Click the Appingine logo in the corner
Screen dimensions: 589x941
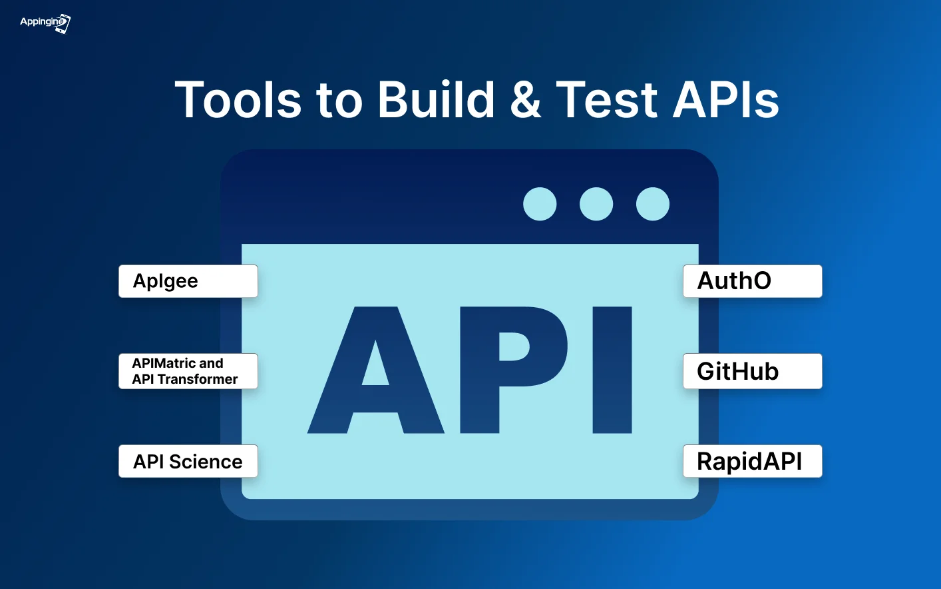45,23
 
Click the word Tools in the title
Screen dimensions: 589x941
238,100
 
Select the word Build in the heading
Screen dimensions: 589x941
436,100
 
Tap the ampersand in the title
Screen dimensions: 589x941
526,100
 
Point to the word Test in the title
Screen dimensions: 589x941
606,100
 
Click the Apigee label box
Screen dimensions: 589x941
188,281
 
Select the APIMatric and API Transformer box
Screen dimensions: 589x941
188,371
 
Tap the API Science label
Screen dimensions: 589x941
188,461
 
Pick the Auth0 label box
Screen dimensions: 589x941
753,281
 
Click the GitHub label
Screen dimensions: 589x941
753,371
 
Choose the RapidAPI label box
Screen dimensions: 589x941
753,461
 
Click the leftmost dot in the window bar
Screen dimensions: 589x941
540,204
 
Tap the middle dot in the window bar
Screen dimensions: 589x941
596,204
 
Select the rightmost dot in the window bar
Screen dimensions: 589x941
653,204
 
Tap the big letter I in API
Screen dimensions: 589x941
612,370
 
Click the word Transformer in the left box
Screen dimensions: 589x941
198,379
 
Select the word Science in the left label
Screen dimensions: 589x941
206,462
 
